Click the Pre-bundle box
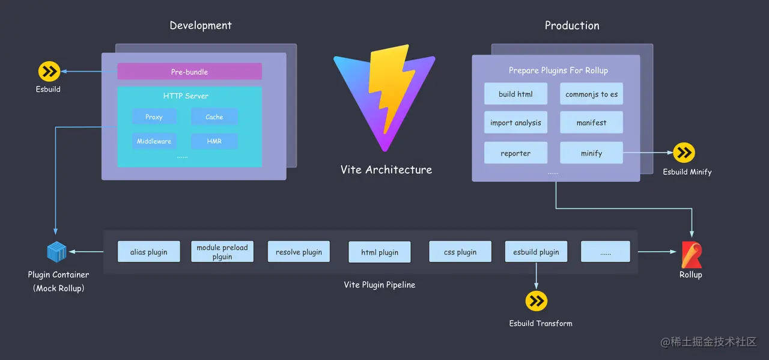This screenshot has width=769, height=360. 189,72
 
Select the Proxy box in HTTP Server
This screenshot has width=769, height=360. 154,117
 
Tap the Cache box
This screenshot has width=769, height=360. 214,117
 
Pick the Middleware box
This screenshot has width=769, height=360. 154,141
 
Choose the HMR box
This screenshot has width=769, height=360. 214,141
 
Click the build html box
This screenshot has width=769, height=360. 515,94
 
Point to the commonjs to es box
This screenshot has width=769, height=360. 591,94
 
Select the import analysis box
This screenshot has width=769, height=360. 515,123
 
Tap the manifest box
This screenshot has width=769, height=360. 591,123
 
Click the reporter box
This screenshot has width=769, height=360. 515,153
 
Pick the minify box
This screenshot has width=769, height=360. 591,153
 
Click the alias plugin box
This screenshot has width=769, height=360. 148,252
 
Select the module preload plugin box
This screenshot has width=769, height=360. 222,252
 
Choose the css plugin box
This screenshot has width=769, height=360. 460,252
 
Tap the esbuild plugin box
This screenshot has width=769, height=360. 536,252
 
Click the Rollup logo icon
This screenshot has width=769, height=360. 691,255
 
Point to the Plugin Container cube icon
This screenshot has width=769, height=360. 57,252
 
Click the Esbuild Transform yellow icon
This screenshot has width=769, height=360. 536,301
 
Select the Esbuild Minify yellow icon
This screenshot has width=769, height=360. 684,153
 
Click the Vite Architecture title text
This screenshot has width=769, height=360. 386,169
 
